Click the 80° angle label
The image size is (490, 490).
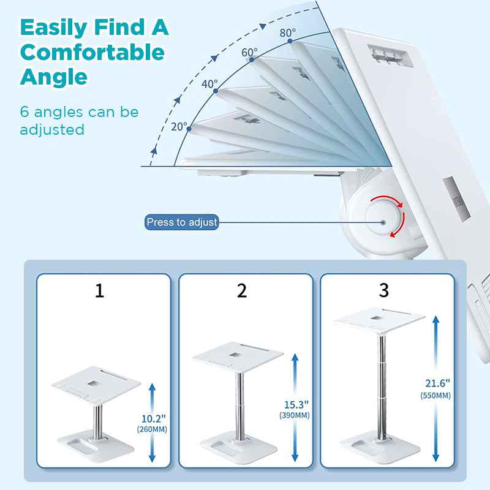pos(287,32)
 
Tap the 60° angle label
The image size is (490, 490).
pos(249,52)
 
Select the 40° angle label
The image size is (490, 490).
pos(209,84)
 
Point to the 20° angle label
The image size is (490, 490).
pos(179,127)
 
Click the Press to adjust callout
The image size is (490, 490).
pos(181,222)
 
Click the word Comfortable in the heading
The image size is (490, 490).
pos(92,52)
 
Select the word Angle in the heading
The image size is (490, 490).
pos(54,77)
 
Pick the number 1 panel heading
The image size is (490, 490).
pos(99,290)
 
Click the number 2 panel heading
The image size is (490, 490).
pos(241,290)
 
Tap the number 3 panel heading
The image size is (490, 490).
pos(384,290)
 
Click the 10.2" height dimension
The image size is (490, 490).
pos(154,418)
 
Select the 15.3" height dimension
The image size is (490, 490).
pos(296,405)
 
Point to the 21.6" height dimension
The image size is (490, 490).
pos(437,383)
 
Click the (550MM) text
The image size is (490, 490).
pos(435,396)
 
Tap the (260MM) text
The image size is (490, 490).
pos(152,429)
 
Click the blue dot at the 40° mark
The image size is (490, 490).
pos(216,91)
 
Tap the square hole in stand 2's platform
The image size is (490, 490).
pos(235,355)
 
